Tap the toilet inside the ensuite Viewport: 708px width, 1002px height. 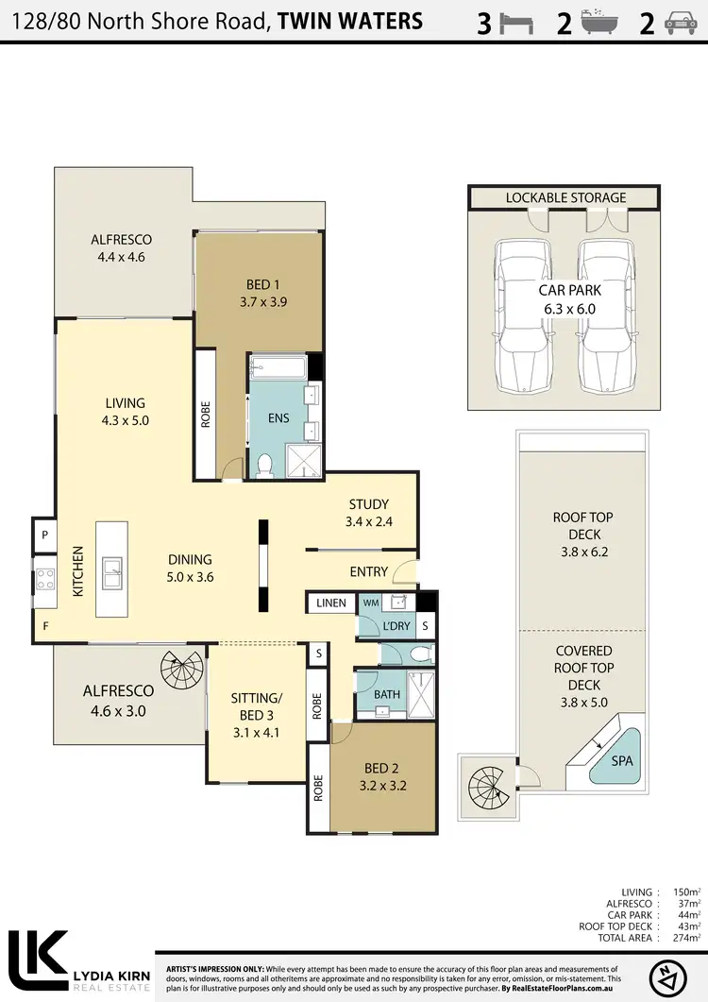click(264, 464)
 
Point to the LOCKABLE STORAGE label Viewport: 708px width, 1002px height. click(565, 197)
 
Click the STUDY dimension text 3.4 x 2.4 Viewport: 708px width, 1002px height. click(368, 520)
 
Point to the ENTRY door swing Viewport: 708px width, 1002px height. click(404, 569)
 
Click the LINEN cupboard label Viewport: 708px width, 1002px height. click(330, 603)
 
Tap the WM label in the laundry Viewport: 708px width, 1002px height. click(372, 602)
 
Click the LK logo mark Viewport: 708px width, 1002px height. click(38, 960)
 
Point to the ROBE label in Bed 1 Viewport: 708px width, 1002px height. click(206, 415)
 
